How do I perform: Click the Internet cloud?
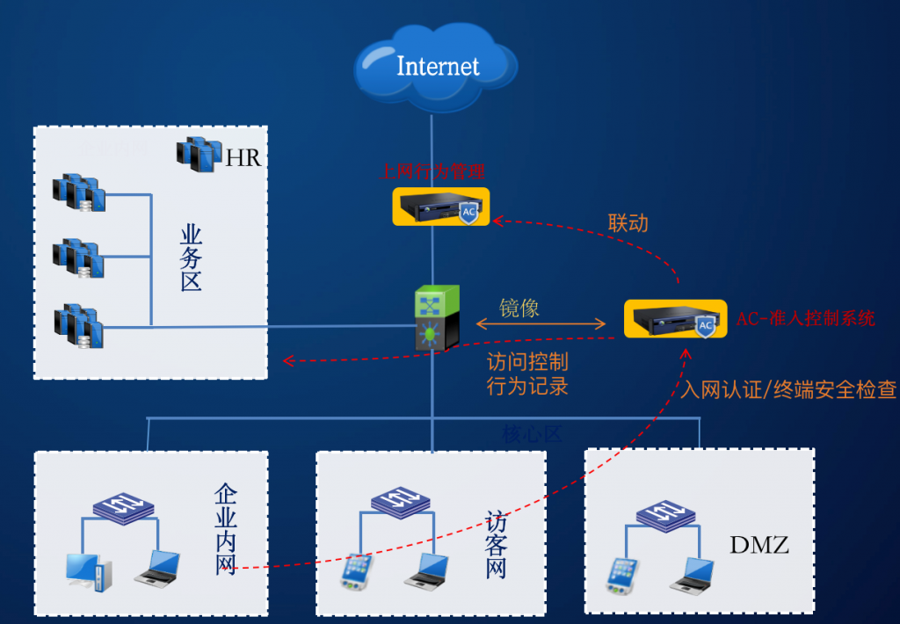click(437, 66)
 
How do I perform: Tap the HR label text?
click(244, 158)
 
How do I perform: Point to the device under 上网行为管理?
click(439, 207)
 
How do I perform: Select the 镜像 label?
click(519, 308)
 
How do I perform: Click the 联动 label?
click(628, 223)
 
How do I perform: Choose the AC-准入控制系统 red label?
click(805, 318)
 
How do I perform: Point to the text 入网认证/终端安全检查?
click(788, 389)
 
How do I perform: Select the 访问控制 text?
click(527, 362)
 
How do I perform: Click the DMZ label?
click(759, 545)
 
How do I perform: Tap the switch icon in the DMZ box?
click(665, 515)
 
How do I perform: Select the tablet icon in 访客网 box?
click(356, 572)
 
